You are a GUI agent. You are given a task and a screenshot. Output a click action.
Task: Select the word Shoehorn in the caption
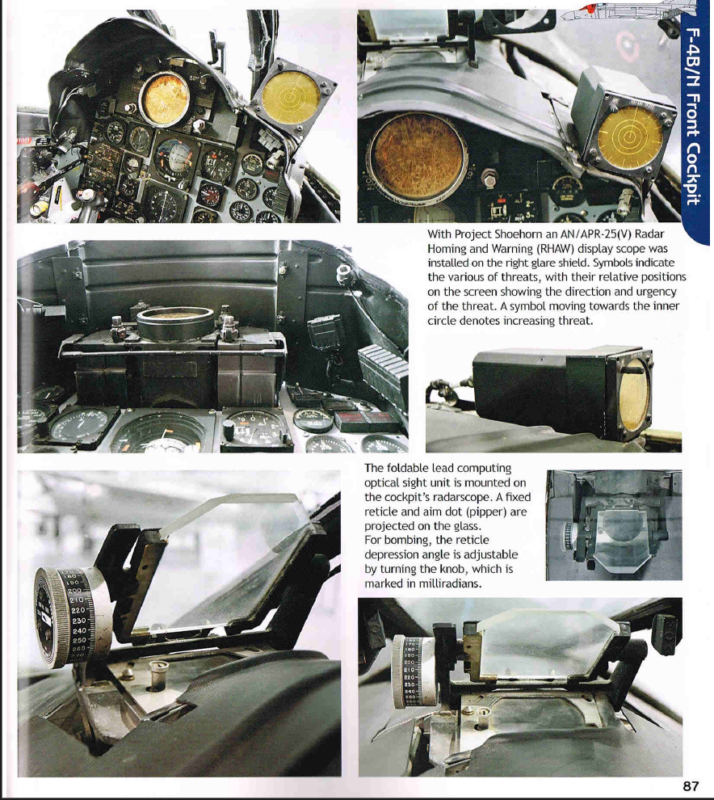pos(515,234)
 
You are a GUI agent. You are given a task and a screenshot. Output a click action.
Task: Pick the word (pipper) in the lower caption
pos(487,512)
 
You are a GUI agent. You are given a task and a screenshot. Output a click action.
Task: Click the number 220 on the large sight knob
pos(78,611)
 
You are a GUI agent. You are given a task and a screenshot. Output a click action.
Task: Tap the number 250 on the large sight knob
pos(80,640)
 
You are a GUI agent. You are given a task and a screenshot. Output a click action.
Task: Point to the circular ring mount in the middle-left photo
pos(175,324)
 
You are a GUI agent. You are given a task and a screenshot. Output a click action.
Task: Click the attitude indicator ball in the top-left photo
pos(174,156)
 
